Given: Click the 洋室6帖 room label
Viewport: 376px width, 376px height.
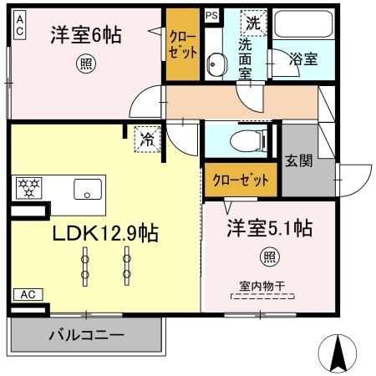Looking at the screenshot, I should tap(85, 35).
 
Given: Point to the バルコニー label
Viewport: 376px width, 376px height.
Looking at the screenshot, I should tap(86, 336).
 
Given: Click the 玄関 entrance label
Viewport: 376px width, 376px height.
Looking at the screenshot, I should tap(298, 161).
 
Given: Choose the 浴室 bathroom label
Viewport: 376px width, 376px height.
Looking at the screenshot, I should tap(303, 58).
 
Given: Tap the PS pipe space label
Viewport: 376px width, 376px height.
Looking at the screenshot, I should tap(212, 14).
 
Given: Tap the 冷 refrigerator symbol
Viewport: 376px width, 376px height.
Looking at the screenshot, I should tap(147, 139).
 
